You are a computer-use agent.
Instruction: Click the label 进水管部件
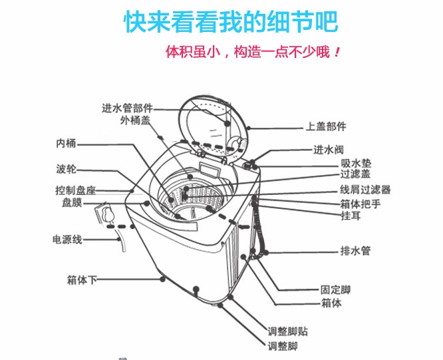(x=127, y=108)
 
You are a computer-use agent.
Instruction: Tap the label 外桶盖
(x=135, y=120)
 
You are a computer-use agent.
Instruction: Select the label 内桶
(x=67, y=144)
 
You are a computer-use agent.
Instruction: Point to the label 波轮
(x=67, y=169)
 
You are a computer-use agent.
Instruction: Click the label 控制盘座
(x=75, y=190)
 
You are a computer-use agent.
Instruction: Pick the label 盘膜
(x=72, y=202)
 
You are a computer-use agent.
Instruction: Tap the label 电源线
(x=68, y=240)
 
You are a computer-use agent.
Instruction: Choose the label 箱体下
(x=82, y=280)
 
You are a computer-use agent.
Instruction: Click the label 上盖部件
(x=326, y=126)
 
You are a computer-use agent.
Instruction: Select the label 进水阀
(x=329, y=150)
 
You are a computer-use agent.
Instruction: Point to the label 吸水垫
(x=356, y=163)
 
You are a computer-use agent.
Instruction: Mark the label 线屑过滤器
(x=365, y=190)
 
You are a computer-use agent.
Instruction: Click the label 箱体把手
(x=361, y=204)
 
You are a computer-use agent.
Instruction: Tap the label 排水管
(x=355, y=251)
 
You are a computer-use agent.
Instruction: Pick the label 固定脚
(x=336, y=289)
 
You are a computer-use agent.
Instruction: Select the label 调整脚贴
(x=288, y=331)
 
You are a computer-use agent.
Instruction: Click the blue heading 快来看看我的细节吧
(x=231, y=22)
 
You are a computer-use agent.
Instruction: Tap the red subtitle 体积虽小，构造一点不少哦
(x=253, y=52)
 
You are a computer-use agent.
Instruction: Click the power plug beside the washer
(x=104, y=214)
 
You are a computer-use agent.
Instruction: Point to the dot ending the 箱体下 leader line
(x=162, y=279)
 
